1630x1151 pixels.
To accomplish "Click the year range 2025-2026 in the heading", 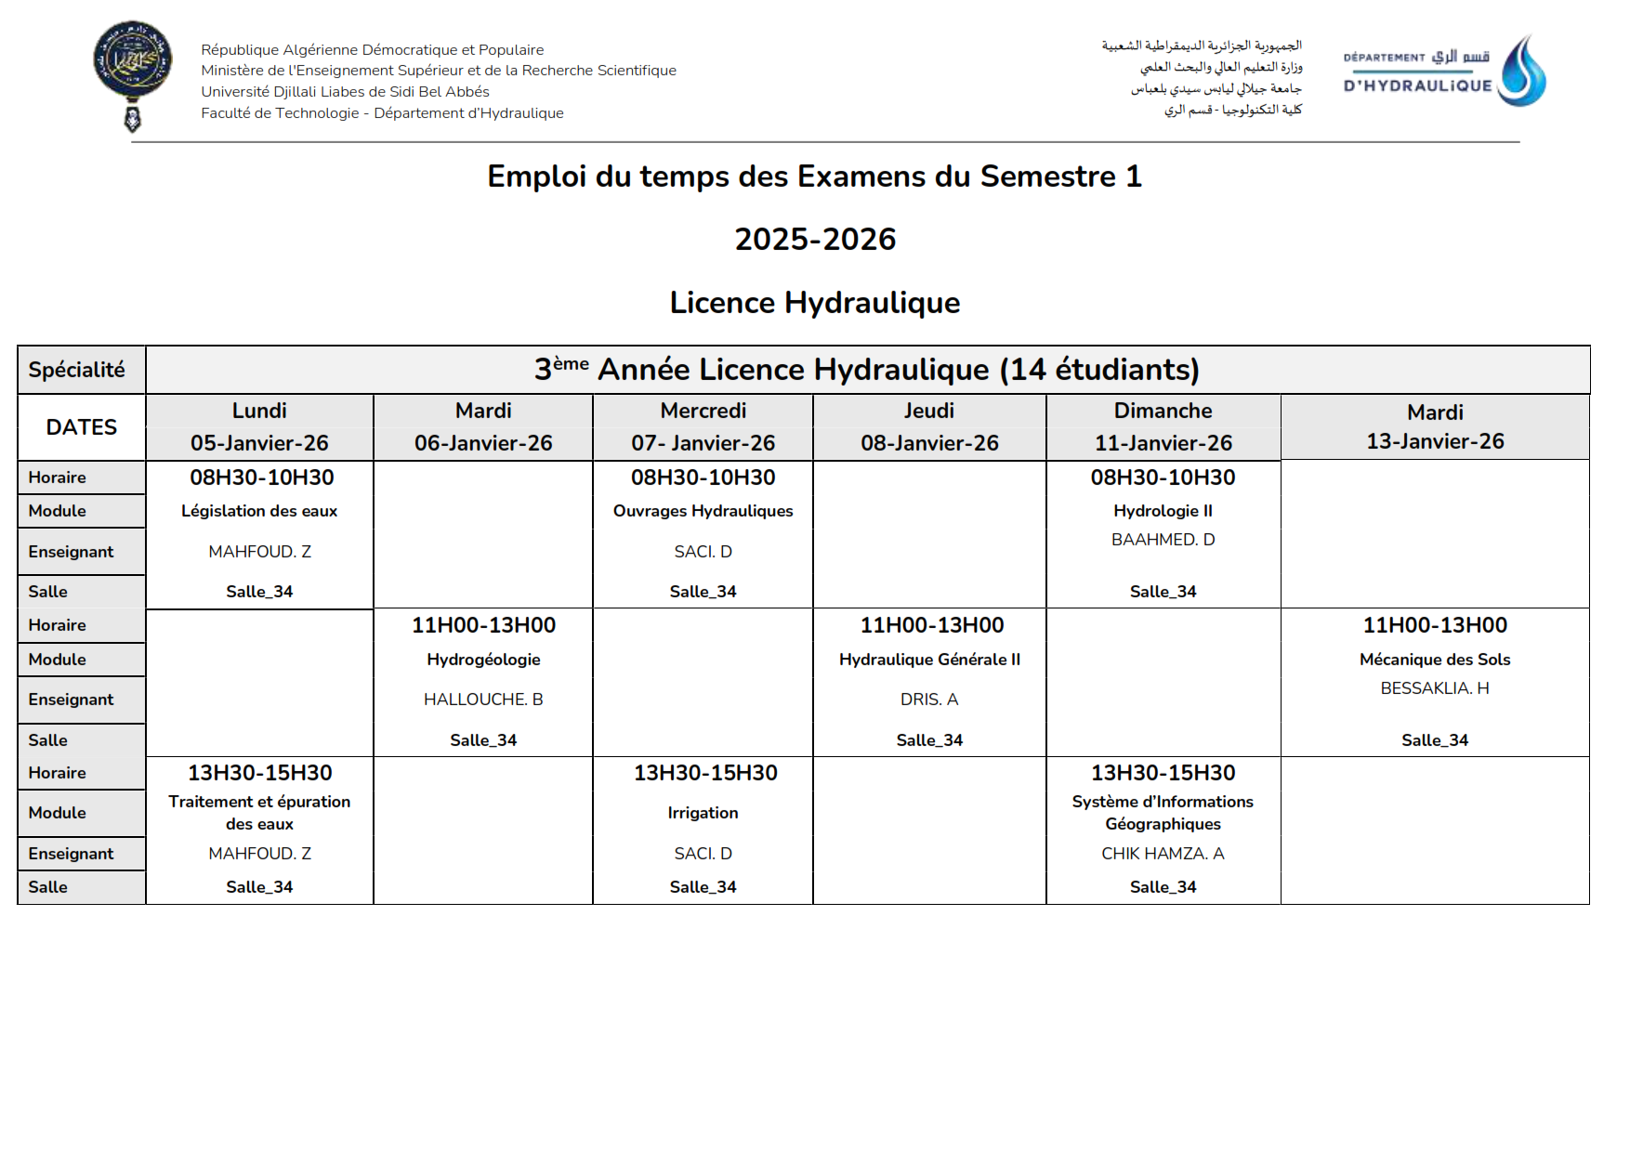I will pos(815,240).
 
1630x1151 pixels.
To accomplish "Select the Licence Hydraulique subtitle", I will pos(815,303).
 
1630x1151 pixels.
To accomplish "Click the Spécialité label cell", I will pos(77,370).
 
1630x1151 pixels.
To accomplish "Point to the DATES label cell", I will pos(82,427).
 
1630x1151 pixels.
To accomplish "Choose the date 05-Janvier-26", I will pos(259,443).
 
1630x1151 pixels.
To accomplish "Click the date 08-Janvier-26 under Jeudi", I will pos(929,443).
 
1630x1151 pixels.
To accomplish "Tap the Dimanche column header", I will pos(1163,411).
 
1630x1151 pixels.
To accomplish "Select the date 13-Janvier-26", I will pos(1435,441).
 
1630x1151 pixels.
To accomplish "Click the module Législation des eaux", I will pos(259,511).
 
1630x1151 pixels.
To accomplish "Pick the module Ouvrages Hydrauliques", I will pos(703,511).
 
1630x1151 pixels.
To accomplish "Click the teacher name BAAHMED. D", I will pos(1163,540).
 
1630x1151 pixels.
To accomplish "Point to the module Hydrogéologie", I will pos(483,660).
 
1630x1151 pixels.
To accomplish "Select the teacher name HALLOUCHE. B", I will pos(483,700).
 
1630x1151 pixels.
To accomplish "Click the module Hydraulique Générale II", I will pos(929,660).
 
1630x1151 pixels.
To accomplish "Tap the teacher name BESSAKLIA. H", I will pos(1435,688).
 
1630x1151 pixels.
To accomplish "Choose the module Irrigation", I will pos(703,813).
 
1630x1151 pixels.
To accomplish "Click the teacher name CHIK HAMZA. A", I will pos(1163,854).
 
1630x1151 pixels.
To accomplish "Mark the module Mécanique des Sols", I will pos(1435,660).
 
